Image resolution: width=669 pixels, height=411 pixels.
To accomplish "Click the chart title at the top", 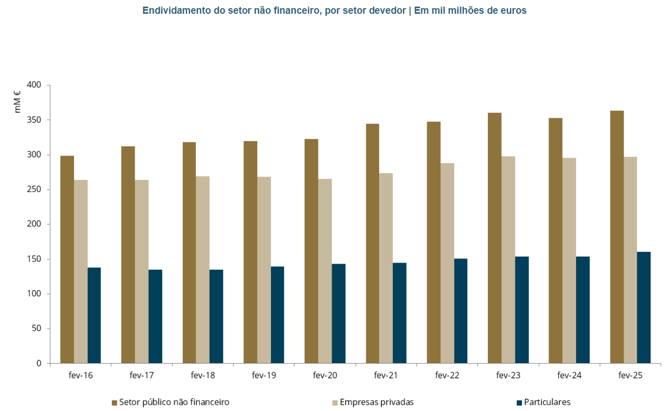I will point(334,10).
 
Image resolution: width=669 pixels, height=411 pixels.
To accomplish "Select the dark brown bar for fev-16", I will point(67,260).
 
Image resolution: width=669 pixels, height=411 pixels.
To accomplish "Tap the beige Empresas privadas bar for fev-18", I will point(203,270).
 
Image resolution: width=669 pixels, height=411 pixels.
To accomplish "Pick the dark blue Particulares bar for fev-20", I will point(338,314).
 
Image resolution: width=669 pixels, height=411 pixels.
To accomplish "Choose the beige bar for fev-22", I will point(447,263).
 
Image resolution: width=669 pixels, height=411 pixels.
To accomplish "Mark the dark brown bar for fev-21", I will point(373,244).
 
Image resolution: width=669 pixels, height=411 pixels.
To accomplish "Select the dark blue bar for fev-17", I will point(155,316).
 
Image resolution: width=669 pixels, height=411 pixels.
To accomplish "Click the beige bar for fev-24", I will point(569,261).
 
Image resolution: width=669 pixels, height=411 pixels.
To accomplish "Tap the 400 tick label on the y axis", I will point(34,85).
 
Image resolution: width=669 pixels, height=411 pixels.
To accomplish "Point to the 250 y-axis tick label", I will point(34,190).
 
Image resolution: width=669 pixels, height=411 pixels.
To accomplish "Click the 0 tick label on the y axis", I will point(39,364).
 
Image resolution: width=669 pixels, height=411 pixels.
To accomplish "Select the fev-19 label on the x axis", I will point(264,376).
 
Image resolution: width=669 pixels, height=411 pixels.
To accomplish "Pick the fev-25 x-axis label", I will point(630,376).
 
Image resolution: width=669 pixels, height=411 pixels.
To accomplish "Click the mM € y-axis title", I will point(18,101).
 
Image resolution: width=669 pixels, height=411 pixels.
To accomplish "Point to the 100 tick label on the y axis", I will point(34,294).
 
